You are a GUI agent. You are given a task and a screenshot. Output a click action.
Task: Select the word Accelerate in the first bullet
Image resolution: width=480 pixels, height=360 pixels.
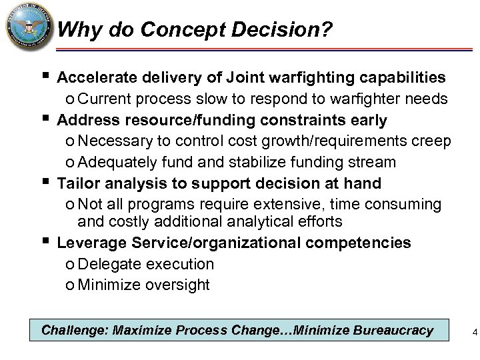coord(97,79)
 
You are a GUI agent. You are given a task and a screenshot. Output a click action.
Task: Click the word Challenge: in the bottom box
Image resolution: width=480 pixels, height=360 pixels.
coord(74,330)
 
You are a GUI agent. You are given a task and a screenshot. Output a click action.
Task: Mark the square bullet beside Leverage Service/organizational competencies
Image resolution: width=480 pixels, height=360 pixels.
coord(44,239)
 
